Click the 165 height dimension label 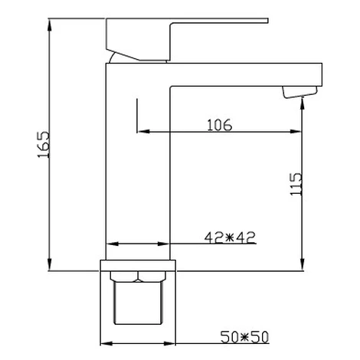click(44, 145)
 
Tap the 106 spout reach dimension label click(220, 125)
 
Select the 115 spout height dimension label click(296, 185)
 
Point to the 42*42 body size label click(230, 237)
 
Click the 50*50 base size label click(244, 337)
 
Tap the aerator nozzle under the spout click(299, 92)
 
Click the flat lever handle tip click(266, 21)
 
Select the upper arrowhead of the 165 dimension click(50, 25)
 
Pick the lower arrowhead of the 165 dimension click(50, 264)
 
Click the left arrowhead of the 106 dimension click(143, 132)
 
